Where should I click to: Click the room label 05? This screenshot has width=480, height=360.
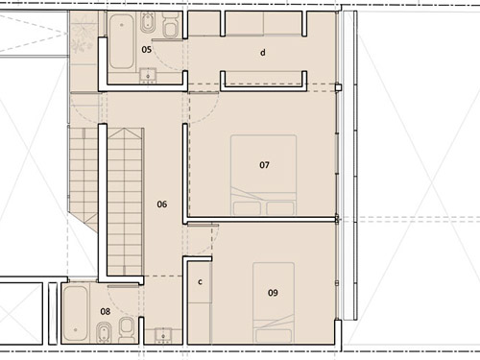click(x=146, y=50)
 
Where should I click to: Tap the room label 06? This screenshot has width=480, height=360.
click(x=162, y=204)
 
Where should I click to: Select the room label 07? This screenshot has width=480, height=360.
click(x=264, y=165)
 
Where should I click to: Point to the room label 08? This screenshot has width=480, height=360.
click(x=106, y=311)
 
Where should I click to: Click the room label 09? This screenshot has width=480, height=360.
click(x=273, y=293)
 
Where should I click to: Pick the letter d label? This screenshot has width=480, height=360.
click(x=263, y=53)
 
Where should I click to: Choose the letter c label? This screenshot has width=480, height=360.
click(x=200, y=282)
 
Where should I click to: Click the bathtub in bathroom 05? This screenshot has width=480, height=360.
click(x=122, y=41)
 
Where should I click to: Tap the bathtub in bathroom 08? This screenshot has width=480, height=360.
click(x=76, y=313)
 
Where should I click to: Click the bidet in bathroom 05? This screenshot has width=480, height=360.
click(x=148, y=22)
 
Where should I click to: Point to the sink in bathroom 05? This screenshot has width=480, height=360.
click(x=148, y=76)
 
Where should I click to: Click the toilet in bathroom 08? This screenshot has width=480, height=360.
click(x=126, y=329)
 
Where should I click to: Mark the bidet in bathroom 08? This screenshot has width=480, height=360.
click(x=103, y=333)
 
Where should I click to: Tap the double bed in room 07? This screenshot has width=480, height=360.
click(x=263, y=175)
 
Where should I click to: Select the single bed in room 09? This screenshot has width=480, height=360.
click(x=274, y=302)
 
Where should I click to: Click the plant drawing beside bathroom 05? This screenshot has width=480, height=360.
click(x=83, y=35)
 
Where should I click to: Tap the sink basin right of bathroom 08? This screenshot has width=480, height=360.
click(x=163, y=336)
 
